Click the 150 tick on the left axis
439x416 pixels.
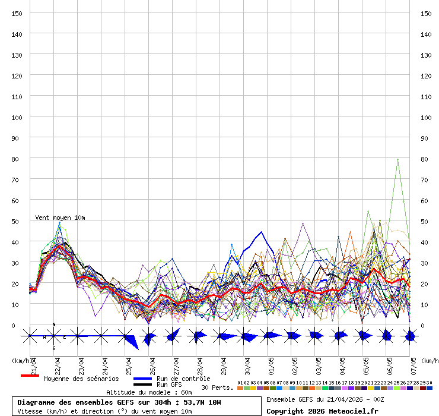tap(17, 13)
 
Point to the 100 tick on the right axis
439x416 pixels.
tap(425, 117)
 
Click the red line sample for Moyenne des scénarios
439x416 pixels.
tap(30, 376)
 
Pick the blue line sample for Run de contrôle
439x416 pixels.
tap(144, 379)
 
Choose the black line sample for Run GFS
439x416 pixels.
tap(144, 385)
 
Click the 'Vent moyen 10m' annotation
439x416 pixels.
tap(60, 218)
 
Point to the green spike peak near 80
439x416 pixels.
tap(397, 159)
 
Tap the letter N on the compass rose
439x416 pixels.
tap(54, 324)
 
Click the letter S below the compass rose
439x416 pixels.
tap(54, 348)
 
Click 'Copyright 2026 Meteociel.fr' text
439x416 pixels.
tap(322, 411)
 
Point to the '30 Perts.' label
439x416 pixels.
tap(217, 387)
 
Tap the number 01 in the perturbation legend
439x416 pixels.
tap(240, 383)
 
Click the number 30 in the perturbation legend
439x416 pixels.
tap(430, 383)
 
